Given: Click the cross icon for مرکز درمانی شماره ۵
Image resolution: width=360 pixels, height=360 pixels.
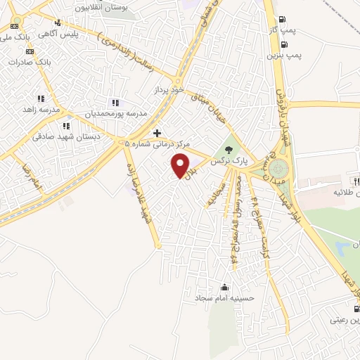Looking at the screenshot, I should [157, 132].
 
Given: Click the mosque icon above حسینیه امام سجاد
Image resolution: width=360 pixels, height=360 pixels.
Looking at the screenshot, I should [224, 287].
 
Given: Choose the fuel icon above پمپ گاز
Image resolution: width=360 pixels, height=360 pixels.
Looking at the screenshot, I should [283, 20].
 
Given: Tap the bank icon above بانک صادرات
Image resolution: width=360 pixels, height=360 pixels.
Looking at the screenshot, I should [30, 51].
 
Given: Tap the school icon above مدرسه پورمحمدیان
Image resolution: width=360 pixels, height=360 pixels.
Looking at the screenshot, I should [116, 102].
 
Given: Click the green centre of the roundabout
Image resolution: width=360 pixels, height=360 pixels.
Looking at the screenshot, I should [278, 169].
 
